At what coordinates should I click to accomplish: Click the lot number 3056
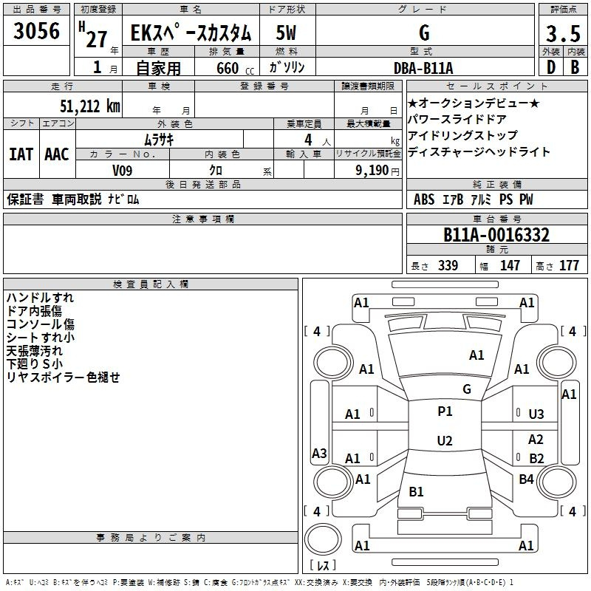[x=36, y=31]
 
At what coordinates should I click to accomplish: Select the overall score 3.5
[x=563, y=33]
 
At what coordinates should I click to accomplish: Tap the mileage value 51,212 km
[x=90, y=106]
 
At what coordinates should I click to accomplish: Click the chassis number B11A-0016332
[x=496, y=235]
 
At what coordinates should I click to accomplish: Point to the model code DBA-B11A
[x=423, y=68]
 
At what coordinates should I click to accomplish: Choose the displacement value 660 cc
[x=235, y=68]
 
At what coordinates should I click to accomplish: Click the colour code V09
[x=122, y=171]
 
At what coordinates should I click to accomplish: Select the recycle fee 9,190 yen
[x=378, y=171]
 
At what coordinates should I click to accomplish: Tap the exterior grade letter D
[x=551, y=67]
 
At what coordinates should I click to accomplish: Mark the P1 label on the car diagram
[x=445, y=411]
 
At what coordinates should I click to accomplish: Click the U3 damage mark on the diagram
[x=536, y=414]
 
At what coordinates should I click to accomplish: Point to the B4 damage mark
[x=526, y=479]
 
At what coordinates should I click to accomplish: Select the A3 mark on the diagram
[x=319, y=453]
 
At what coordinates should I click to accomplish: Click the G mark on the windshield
[x=467, y=389]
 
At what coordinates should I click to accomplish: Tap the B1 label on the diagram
[x=416, y=491]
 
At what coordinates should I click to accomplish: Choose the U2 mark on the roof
[x=445, y=440]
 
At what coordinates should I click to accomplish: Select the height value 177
[x=569, y=265]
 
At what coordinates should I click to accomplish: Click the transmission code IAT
[x=21, y=154]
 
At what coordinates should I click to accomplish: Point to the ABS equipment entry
[x=424, y=199]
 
